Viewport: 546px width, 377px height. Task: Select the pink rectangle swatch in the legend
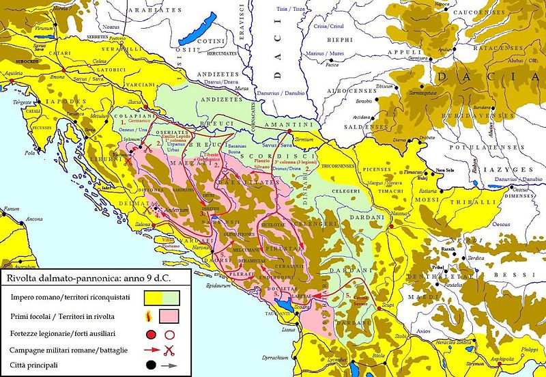pyautogui.click(x=169, y=317)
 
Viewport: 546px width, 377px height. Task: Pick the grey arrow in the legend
pyautogui.click(x=169, y=366)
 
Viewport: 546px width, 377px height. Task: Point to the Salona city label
pyautogui.click(x=161, y=225)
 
